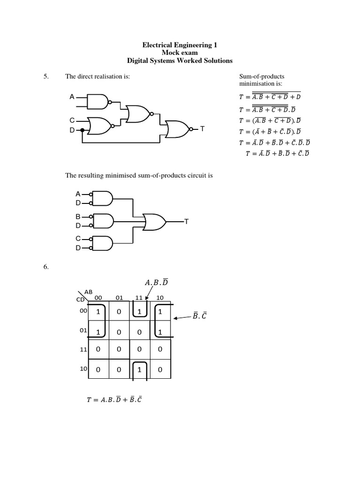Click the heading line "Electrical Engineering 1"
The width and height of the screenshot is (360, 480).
(x=180, y=45)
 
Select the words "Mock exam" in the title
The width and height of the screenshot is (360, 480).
(x=180, y=53)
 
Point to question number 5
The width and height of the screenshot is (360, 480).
(x=46, y=76)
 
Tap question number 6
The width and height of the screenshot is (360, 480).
(x=46, y=267)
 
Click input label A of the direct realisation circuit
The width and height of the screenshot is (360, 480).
(x=72, y=97)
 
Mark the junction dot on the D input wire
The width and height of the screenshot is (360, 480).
(x=82, y=130)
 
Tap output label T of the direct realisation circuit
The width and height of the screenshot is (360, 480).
(x=202, y=128)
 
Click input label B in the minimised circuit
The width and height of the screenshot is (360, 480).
(x=78, y=217)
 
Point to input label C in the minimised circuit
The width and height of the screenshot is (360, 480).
(x=78, y=239)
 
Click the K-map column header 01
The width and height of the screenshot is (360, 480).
(x=119, y=297)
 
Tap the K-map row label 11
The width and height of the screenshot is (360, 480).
(x=83, y=350)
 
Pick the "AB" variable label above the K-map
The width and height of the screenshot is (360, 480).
(x=89, y=292)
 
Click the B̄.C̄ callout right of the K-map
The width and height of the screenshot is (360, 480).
(x=200, y=316)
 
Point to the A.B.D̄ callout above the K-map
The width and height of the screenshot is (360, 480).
(x=157, y=283)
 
